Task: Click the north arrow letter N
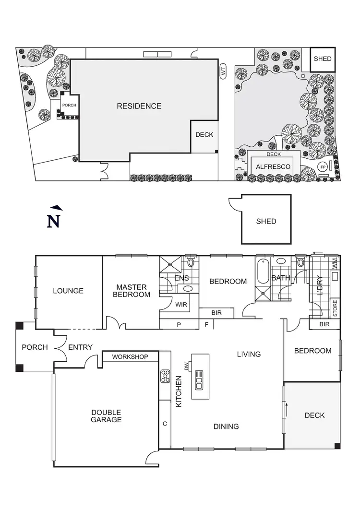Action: pos(53,222)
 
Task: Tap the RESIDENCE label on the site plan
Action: pos(139,106)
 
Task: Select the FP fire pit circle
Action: pos(323,167)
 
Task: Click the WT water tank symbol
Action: pos(223,71)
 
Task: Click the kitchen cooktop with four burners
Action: pos(166,376)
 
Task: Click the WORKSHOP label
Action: pos(130,357)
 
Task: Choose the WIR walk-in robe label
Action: pos(181,304)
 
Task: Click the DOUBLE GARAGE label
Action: pos(106,416)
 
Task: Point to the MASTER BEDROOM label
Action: pos(131,291)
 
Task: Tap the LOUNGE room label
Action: pos(68,291)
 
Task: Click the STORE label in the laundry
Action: pos(335,308)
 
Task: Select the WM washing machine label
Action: pos(335,263)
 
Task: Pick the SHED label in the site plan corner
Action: pos(323,59)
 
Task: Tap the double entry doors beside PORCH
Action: pos(59,347)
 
